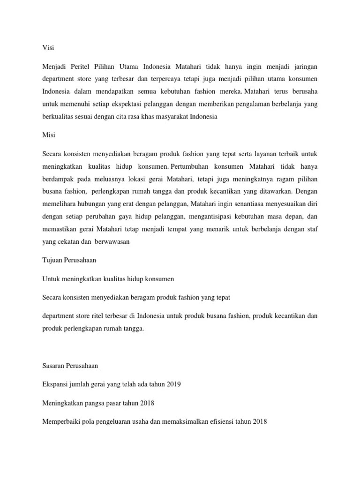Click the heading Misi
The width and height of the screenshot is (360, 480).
coord(48,135)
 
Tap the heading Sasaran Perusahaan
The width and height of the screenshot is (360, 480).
coord(70,365)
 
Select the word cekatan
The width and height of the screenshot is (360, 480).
coord(69,242)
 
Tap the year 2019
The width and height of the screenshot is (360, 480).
coord(172,384)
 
